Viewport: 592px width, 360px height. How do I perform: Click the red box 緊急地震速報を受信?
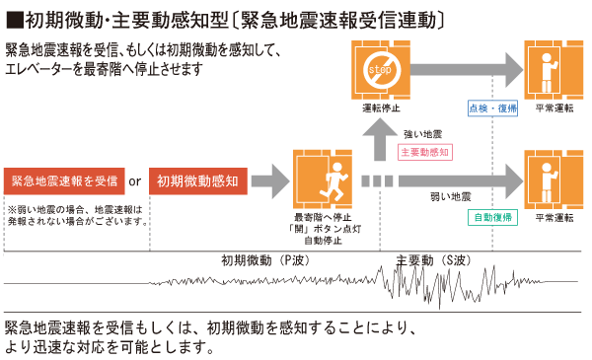(64, 181)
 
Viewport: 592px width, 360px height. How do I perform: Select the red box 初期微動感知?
(197, 181)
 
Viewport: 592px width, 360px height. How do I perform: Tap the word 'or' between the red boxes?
(136, 182)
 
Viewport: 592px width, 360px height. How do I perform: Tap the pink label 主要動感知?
(425, 152)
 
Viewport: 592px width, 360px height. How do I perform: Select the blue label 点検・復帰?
(490, 107)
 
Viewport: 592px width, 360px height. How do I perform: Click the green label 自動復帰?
(490, 216)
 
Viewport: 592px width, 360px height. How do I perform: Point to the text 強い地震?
(423, 132)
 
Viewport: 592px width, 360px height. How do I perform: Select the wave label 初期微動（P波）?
(263, 261)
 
